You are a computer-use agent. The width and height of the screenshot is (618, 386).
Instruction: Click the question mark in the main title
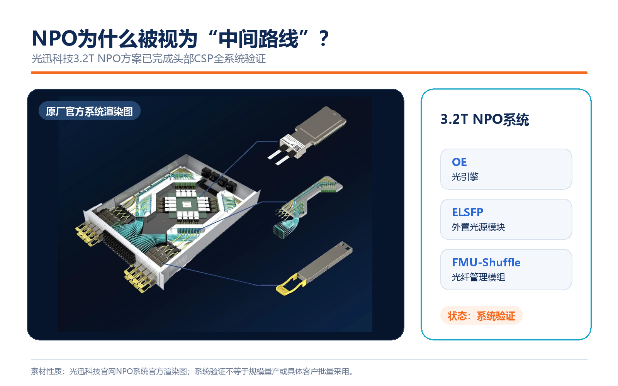323,38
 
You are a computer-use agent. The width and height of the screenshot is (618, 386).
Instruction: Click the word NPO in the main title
54,38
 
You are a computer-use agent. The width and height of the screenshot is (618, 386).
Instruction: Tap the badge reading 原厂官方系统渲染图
89,111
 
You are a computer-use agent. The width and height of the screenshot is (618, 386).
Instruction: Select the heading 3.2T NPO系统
484,120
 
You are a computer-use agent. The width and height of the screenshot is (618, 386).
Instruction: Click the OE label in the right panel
459,162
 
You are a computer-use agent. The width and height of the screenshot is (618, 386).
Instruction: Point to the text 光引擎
465,177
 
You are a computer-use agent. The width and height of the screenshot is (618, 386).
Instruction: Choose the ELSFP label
468,212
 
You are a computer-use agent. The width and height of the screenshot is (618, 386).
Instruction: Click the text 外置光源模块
479,227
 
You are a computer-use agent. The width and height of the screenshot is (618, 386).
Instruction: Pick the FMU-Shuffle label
486,262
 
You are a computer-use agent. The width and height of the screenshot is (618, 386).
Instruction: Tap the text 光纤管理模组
479,277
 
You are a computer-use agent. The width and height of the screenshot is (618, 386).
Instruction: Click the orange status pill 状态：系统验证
481,315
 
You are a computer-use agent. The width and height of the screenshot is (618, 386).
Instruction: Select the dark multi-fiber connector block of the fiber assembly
282,230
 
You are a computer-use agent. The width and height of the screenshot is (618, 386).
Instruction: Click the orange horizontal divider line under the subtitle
309,73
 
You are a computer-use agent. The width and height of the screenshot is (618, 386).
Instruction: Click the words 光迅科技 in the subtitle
53,59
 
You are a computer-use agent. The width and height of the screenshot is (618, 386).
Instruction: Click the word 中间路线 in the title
258,38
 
